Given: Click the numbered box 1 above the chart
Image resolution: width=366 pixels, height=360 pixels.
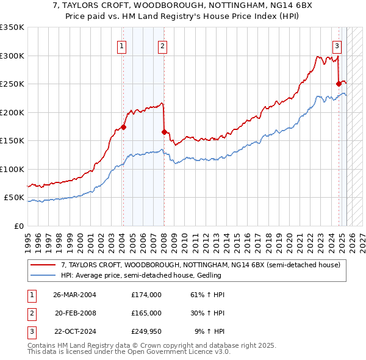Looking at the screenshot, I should [122, 45].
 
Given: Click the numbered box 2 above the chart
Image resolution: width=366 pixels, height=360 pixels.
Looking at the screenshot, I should [163, 45].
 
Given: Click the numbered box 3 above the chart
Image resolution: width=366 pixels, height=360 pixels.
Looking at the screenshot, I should [337, 45].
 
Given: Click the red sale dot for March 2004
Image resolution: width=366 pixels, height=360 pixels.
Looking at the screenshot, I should [123, 127].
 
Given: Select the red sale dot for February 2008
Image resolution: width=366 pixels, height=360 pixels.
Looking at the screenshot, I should [164, 132].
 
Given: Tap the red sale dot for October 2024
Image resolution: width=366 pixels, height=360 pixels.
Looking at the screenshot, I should [339, 84].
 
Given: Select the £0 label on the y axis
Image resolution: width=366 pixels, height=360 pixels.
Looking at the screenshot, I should [19, 226].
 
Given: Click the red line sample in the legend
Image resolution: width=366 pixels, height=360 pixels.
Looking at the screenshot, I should [43, 265].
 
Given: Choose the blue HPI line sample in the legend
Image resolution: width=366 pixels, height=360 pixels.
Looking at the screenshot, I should [43, 275].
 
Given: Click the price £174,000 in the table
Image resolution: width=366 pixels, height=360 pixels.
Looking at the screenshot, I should [146, 295].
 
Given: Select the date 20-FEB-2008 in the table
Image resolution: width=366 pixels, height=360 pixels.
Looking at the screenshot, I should [75, 313].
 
